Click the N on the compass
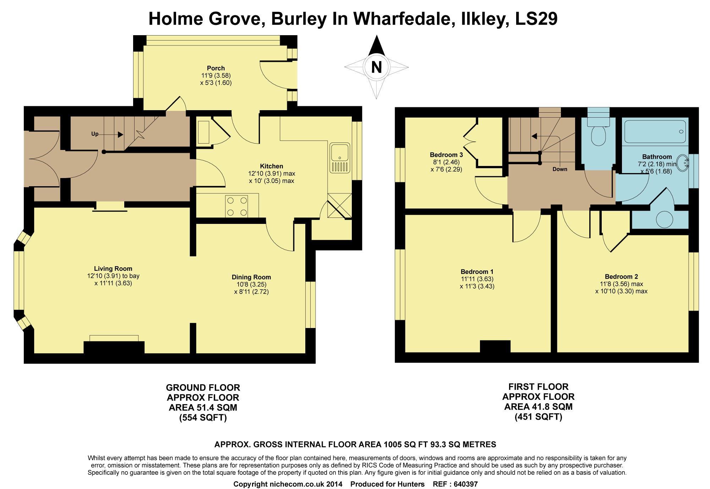(376, 67)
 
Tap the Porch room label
(216, 68)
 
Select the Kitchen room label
(272, 166)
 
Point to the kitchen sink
(340, 158)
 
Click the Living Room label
(113, 269)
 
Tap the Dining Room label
(251, 277)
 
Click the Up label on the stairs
(95, 134)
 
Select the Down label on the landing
(560, 169)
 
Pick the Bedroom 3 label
(446, 155)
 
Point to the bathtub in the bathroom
(655, 131)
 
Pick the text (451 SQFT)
(539, 417)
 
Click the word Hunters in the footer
(411, 484)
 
